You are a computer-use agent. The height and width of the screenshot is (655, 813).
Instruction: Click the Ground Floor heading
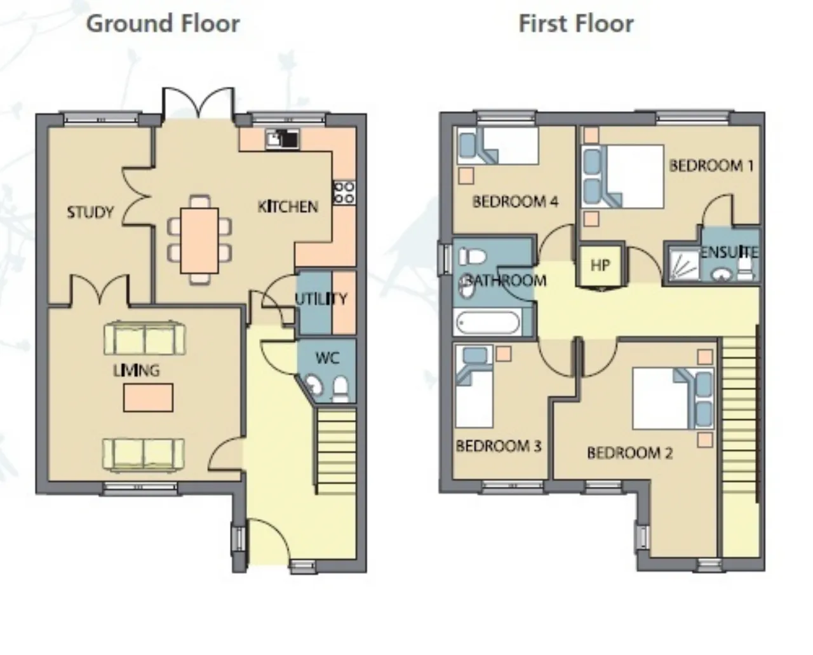[163, 24]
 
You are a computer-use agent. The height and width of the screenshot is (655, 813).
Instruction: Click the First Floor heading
[576, 24]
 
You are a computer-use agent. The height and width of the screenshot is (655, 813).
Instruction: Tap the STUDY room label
[90, 212]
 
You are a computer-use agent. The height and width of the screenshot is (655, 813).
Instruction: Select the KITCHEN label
[288, 206]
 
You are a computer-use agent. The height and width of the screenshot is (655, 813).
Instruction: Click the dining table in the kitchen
[199, 240]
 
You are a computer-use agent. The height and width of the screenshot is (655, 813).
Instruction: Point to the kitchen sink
[283, 139]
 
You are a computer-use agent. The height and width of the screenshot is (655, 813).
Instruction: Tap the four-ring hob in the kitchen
[344, 192]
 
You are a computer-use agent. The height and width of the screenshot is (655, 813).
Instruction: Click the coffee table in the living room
[148, 397]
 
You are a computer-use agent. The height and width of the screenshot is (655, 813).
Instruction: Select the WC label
[327, 358]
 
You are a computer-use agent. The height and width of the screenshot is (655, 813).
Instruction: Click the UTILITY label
[321, 299]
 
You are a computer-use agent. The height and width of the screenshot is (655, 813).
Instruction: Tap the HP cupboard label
[600, 266]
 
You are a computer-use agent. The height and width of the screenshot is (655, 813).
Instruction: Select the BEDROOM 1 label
[711, 166]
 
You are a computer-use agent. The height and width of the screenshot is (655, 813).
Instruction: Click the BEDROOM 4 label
[515, 201]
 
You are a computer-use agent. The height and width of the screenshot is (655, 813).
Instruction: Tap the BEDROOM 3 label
[499, 446]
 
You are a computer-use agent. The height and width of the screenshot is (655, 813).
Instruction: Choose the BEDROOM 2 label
[630, 452]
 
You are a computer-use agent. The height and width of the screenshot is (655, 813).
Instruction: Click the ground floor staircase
[336, 450]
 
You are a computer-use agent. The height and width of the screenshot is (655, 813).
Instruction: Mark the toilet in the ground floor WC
[341, 388]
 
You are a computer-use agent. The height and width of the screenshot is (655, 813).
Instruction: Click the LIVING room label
[137, 370]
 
